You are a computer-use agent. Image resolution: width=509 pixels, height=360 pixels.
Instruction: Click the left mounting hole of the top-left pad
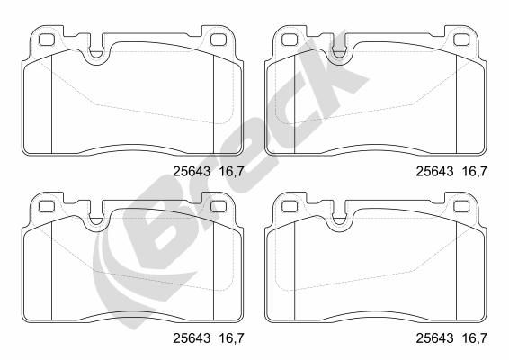click(x=46, y=40)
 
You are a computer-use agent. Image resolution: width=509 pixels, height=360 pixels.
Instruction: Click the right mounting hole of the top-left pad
click(x=219, y=40)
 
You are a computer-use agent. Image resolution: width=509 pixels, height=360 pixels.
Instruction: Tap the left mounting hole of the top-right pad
click(x=290, y=40)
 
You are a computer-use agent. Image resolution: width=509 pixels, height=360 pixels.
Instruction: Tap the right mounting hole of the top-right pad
click(x=461, y=40)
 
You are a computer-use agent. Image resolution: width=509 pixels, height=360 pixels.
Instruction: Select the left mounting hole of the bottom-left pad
click(x=46, y=206)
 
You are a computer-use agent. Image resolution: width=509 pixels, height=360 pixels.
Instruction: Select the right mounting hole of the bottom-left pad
click(x=219, y=206)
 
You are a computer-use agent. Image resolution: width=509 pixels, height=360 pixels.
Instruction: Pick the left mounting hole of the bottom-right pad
click(x=290, y=206)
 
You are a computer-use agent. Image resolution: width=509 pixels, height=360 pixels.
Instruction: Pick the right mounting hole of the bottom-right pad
click(x=461, y=206)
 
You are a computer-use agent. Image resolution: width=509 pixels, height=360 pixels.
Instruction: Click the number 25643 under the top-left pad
click(x=192, y=172)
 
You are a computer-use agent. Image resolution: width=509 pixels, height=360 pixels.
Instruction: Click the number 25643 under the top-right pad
click(x=434, y=172)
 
